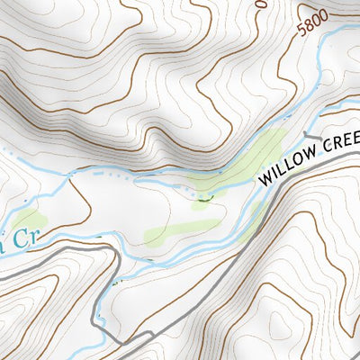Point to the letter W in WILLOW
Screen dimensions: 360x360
265,177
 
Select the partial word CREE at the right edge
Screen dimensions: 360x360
339,141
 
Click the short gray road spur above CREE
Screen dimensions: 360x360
317,137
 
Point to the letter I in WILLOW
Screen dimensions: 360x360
275,173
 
